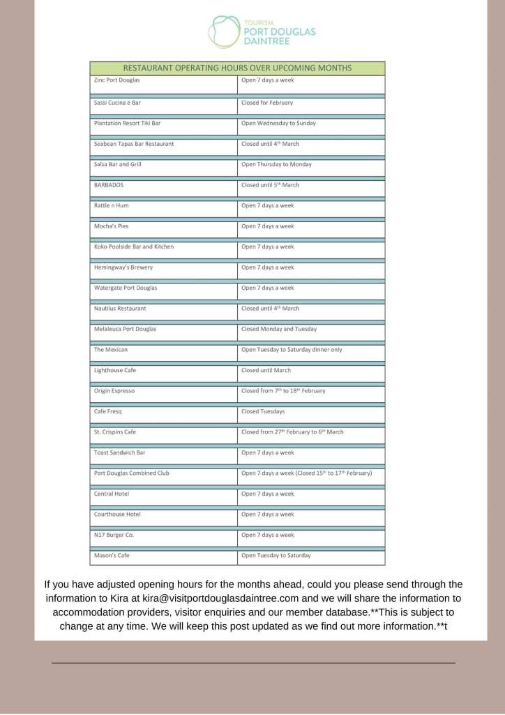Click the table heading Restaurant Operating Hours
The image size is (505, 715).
coord(237,68)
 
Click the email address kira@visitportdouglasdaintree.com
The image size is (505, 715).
coord(220,598)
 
